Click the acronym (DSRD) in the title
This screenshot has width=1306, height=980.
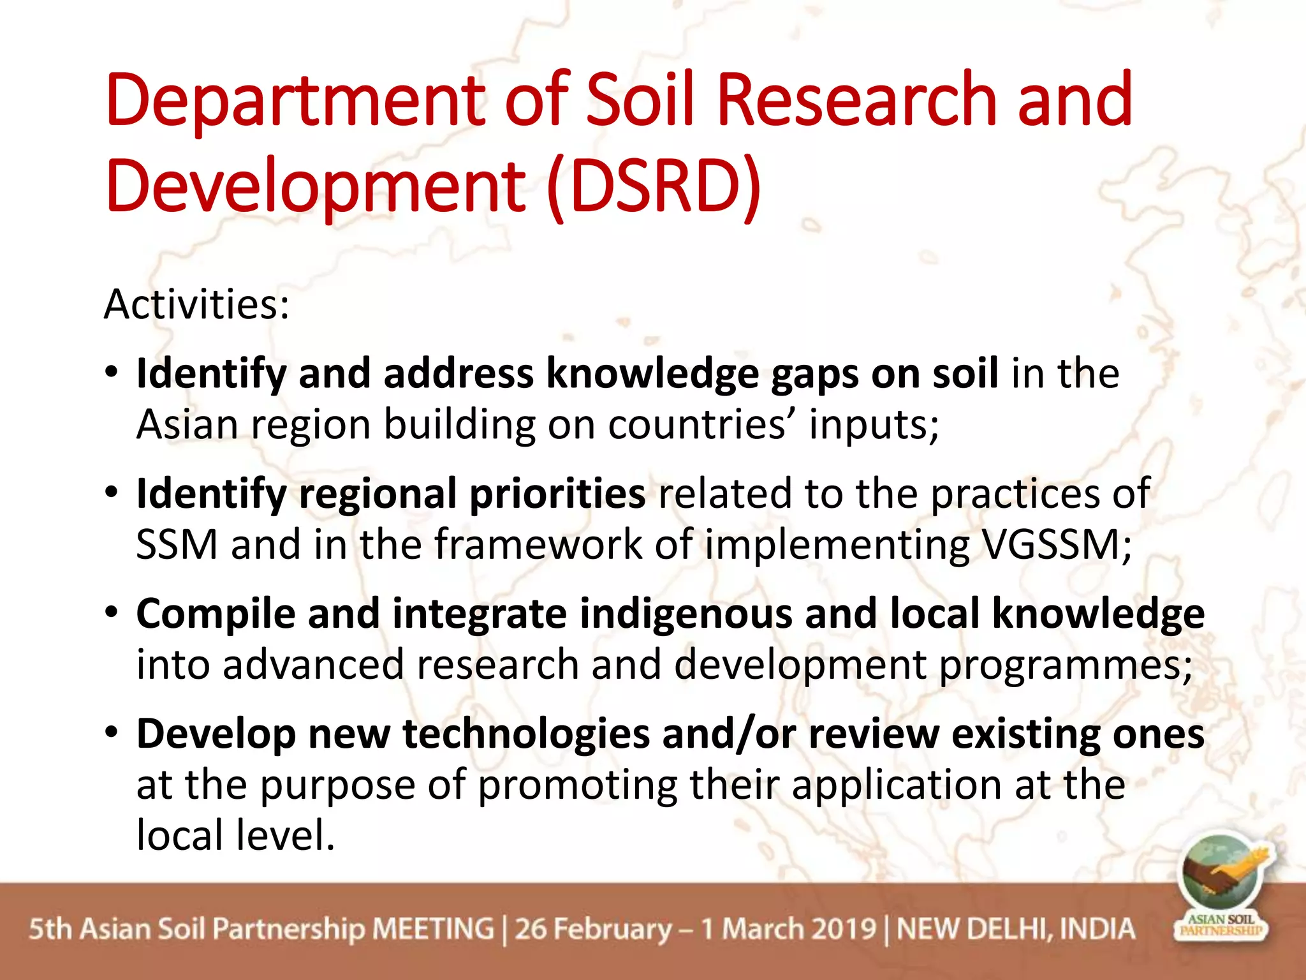coord(654,186)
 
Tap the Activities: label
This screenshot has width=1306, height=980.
coord(196,304)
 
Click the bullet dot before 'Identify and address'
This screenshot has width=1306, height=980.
coord(112,372)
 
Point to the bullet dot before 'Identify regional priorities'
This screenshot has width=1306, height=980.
coord(112,492)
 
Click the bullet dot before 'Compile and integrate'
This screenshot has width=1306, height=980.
coord(112,612)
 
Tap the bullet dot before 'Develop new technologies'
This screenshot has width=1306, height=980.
coord(112,732)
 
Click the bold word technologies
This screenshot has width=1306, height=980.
coord(525,734)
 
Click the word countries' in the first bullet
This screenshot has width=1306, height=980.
coord(702,425)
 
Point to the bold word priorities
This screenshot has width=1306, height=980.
coord(557,494)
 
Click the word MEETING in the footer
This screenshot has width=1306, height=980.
coord(433,929)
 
